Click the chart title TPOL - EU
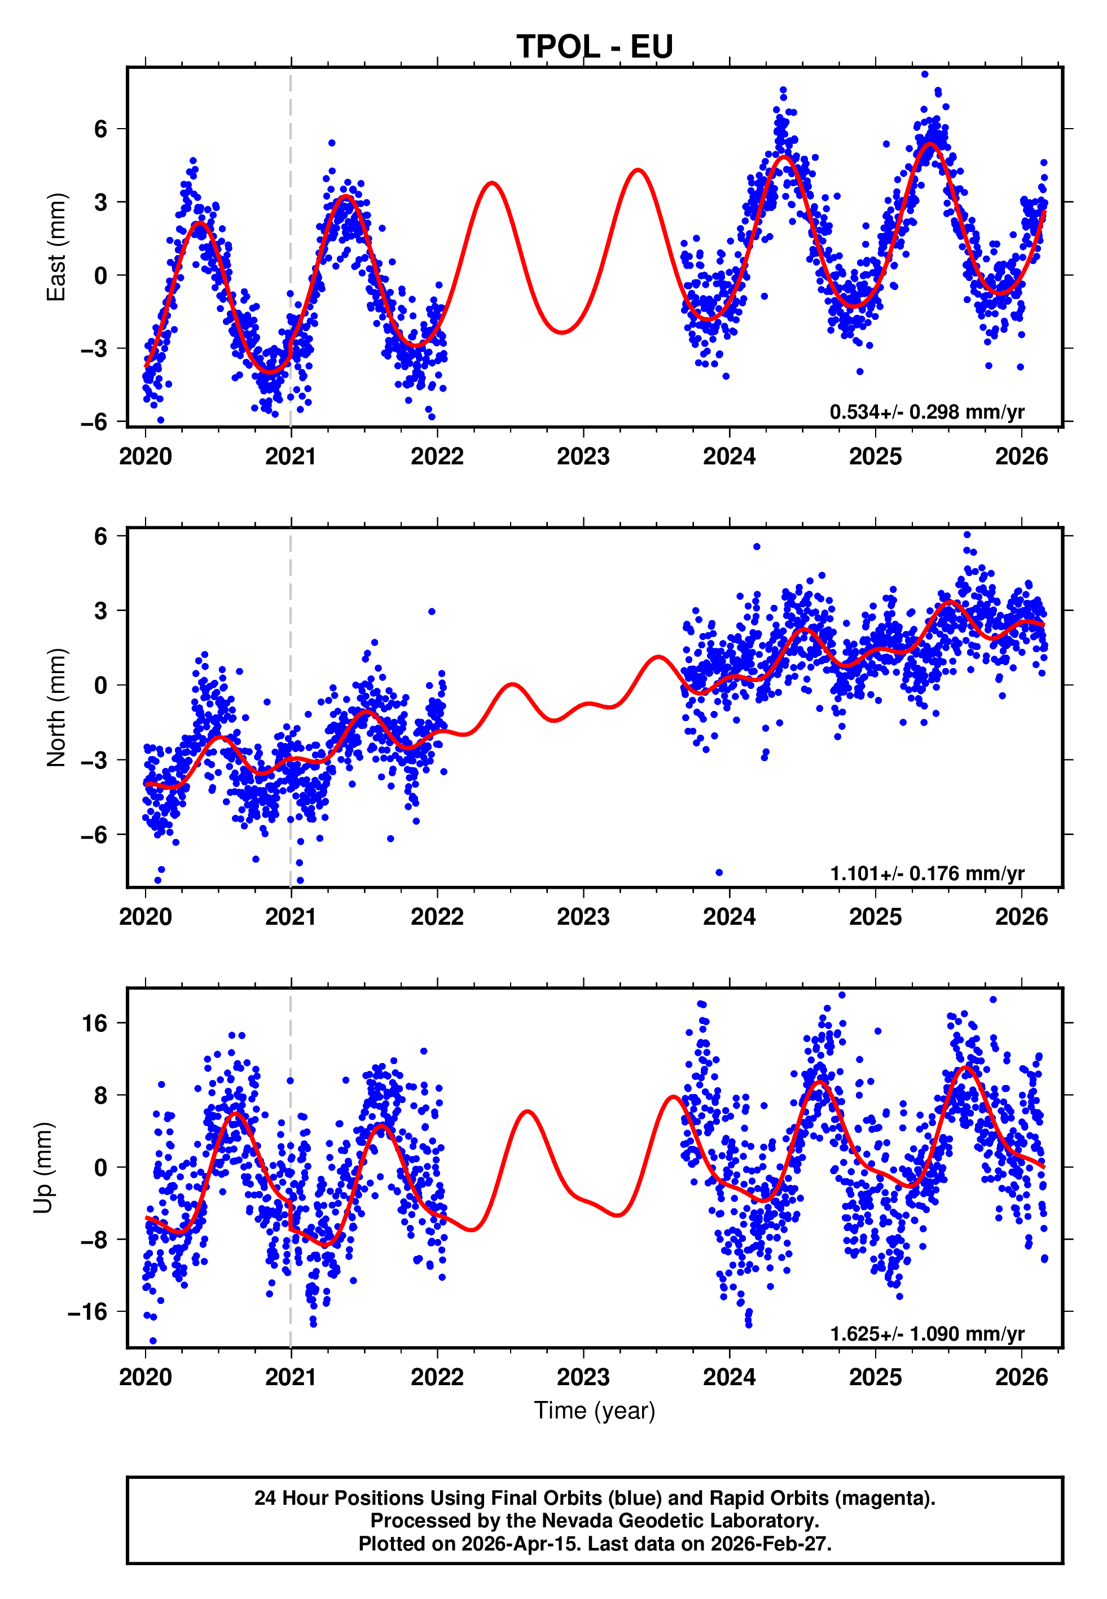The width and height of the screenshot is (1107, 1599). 595,47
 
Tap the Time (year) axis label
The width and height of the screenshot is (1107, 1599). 595,1411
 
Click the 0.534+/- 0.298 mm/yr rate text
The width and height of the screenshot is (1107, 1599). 926,412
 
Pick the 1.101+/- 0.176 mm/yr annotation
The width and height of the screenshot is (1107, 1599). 926,873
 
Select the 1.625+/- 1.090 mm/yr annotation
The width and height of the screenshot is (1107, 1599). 926,1333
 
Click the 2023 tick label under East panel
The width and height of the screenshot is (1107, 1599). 583,457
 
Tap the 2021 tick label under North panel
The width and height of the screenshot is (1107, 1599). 291,917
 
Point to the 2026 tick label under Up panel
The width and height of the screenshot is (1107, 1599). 1021,1377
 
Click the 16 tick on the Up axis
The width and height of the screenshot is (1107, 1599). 95,1023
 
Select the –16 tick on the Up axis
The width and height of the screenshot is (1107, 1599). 88,1312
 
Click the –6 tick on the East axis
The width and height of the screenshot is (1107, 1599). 95,421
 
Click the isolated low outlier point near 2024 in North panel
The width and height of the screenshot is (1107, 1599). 719,872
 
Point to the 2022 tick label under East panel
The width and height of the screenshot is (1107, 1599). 437,457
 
